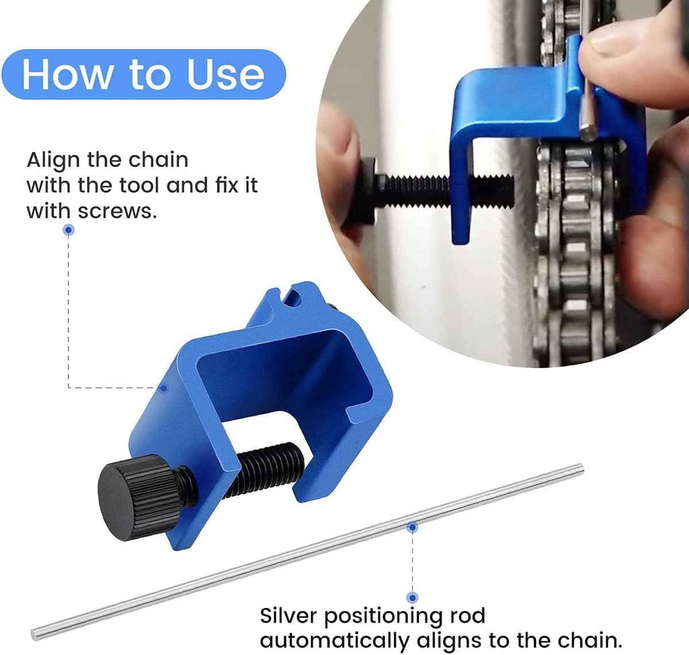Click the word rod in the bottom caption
(466, 615)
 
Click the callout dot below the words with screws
(69, 230)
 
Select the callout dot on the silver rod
(412, 526)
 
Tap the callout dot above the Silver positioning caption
(412, 597)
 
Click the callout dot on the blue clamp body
(164, 387)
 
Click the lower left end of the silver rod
(36, 634)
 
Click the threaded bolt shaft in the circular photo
(448, 187)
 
